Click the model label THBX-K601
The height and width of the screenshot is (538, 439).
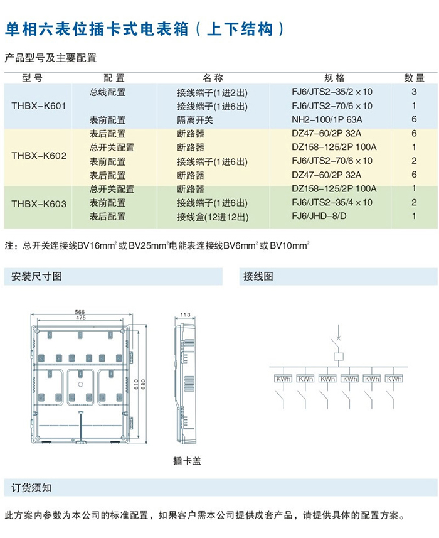(39, 105)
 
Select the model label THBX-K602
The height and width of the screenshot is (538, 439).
(39, 156)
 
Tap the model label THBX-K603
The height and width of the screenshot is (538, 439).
(39, 204)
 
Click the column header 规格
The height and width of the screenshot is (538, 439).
(334, 78)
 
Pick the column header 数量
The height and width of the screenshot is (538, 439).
(415, 78)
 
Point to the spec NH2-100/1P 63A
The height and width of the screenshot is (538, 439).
(327, 120)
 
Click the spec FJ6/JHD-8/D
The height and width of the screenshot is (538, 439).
(319, 216)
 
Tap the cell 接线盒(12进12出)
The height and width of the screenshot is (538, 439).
(213, 217)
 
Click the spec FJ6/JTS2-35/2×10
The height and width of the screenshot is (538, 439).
(332, 92)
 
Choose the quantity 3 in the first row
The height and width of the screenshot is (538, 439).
(414, 92)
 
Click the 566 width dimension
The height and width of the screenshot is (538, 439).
(80, 312)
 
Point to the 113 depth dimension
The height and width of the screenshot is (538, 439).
(185, 315)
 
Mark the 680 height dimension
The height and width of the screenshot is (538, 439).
(143, 384)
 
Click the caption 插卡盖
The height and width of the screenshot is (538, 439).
(187, 461)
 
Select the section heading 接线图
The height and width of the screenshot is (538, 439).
(258, 277)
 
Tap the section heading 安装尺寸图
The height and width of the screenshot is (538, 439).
(36, 277)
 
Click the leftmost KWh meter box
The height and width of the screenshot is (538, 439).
(283, 379)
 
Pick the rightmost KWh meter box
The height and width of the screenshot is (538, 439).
(394, 379)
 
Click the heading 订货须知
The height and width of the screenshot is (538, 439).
(31, 488)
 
